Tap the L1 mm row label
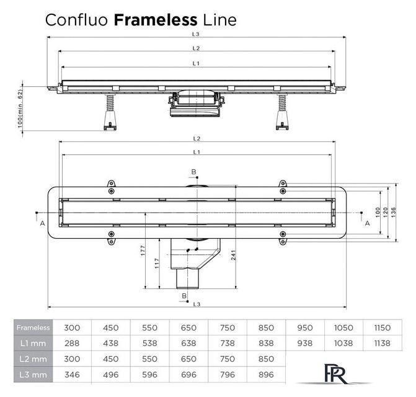point(32,342)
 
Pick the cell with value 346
point(73,374)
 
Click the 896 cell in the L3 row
point(266,374)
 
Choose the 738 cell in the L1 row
point(228,342)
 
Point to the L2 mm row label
point(32,359)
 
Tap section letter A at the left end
point(42,221)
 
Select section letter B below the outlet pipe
point(184,297)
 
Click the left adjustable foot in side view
point(109,115)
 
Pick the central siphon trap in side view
point(194,104)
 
